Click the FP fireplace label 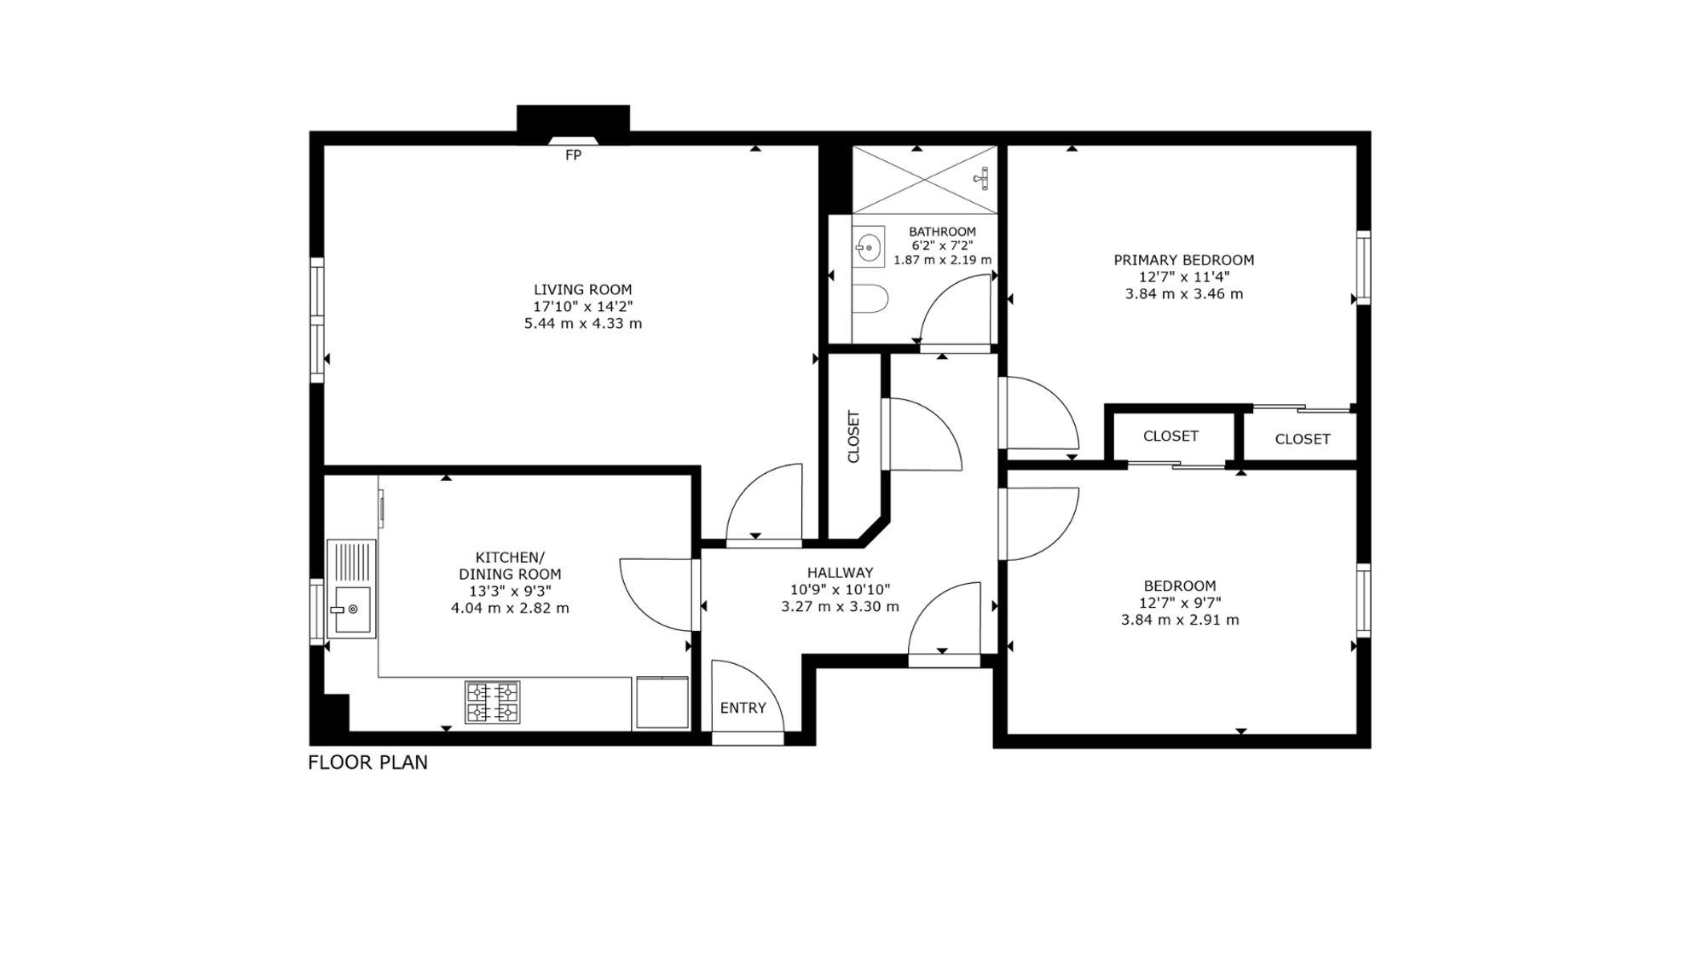coord(573,156)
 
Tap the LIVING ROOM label coord(583,290)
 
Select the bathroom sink coord(869,247)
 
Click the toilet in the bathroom coord(870,299)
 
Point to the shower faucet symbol coord(981,178)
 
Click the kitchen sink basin coord(351,610)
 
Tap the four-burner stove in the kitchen coord(492,702)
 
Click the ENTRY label coord(743,708)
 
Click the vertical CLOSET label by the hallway coord(853,436)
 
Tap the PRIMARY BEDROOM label coord(1183,260)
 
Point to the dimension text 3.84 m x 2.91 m coord(1180,620)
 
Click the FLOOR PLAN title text coord(367,762)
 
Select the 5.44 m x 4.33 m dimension coord(583,324)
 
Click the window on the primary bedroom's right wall coord(1363,267)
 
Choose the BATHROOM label coord(942,232)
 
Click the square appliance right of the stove coord(662,702)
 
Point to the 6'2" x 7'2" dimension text coord(942,246)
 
